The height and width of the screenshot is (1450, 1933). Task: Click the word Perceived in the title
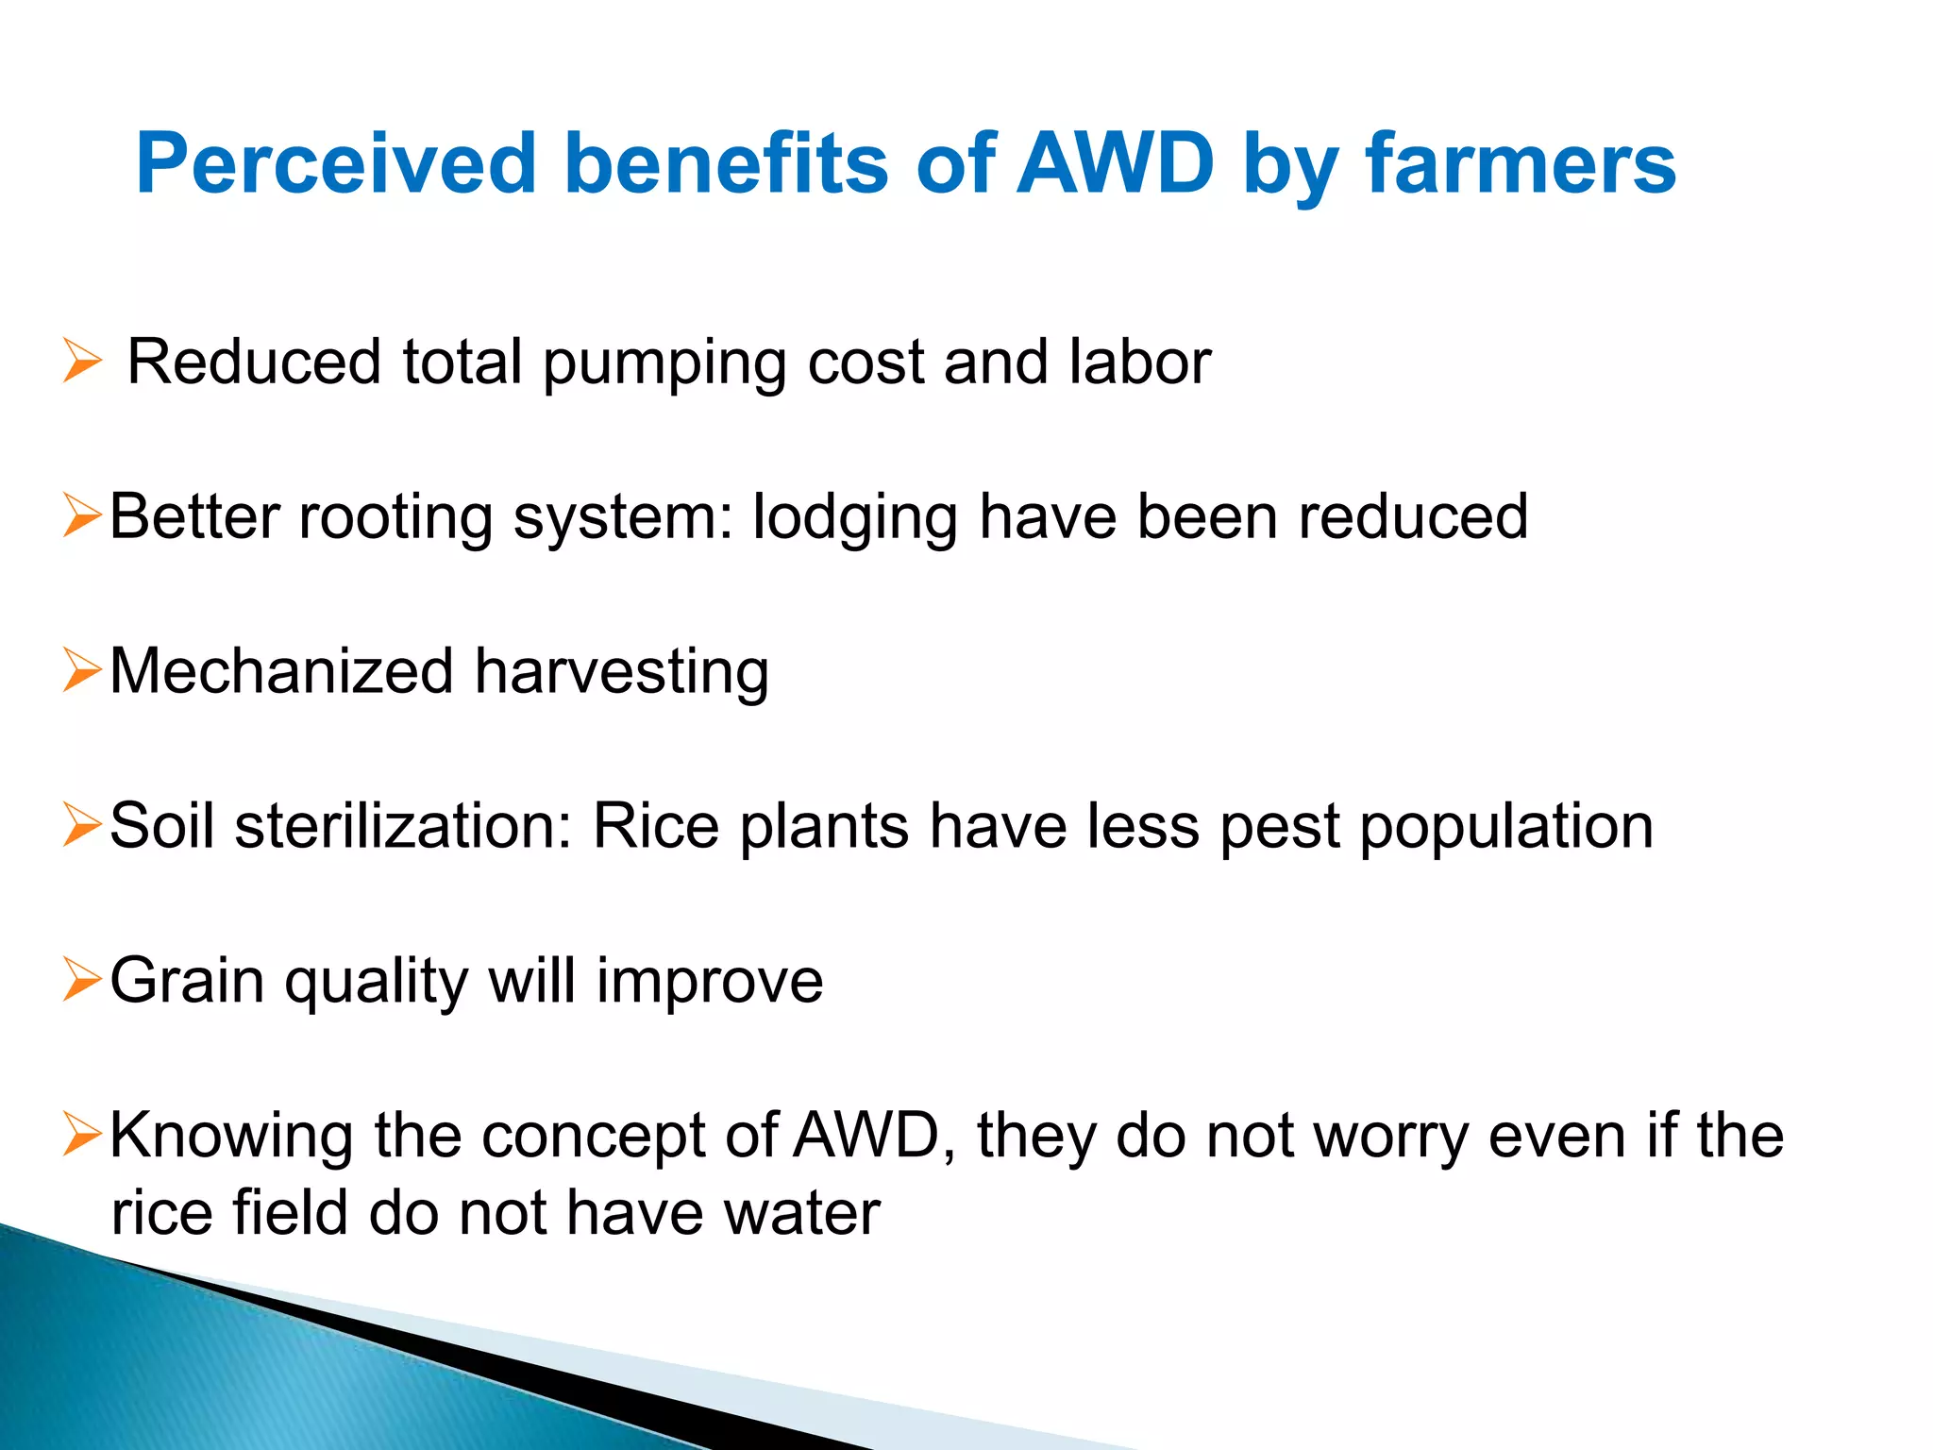point(335,164)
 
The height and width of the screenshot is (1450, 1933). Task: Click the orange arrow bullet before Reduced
point(82,362)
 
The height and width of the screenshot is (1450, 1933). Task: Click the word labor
point(1140,362)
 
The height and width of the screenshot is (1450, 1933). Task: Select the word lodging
point(854,518)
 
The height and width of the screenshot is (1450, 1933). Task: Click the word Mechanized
point(281,671)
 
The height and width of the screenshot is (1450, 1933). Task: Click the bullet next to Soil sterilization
point(82,825)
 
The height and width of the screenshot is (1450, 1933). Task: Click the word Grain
point(187,980)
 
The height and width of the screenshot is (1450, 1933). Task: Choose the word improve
point(710,982)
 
